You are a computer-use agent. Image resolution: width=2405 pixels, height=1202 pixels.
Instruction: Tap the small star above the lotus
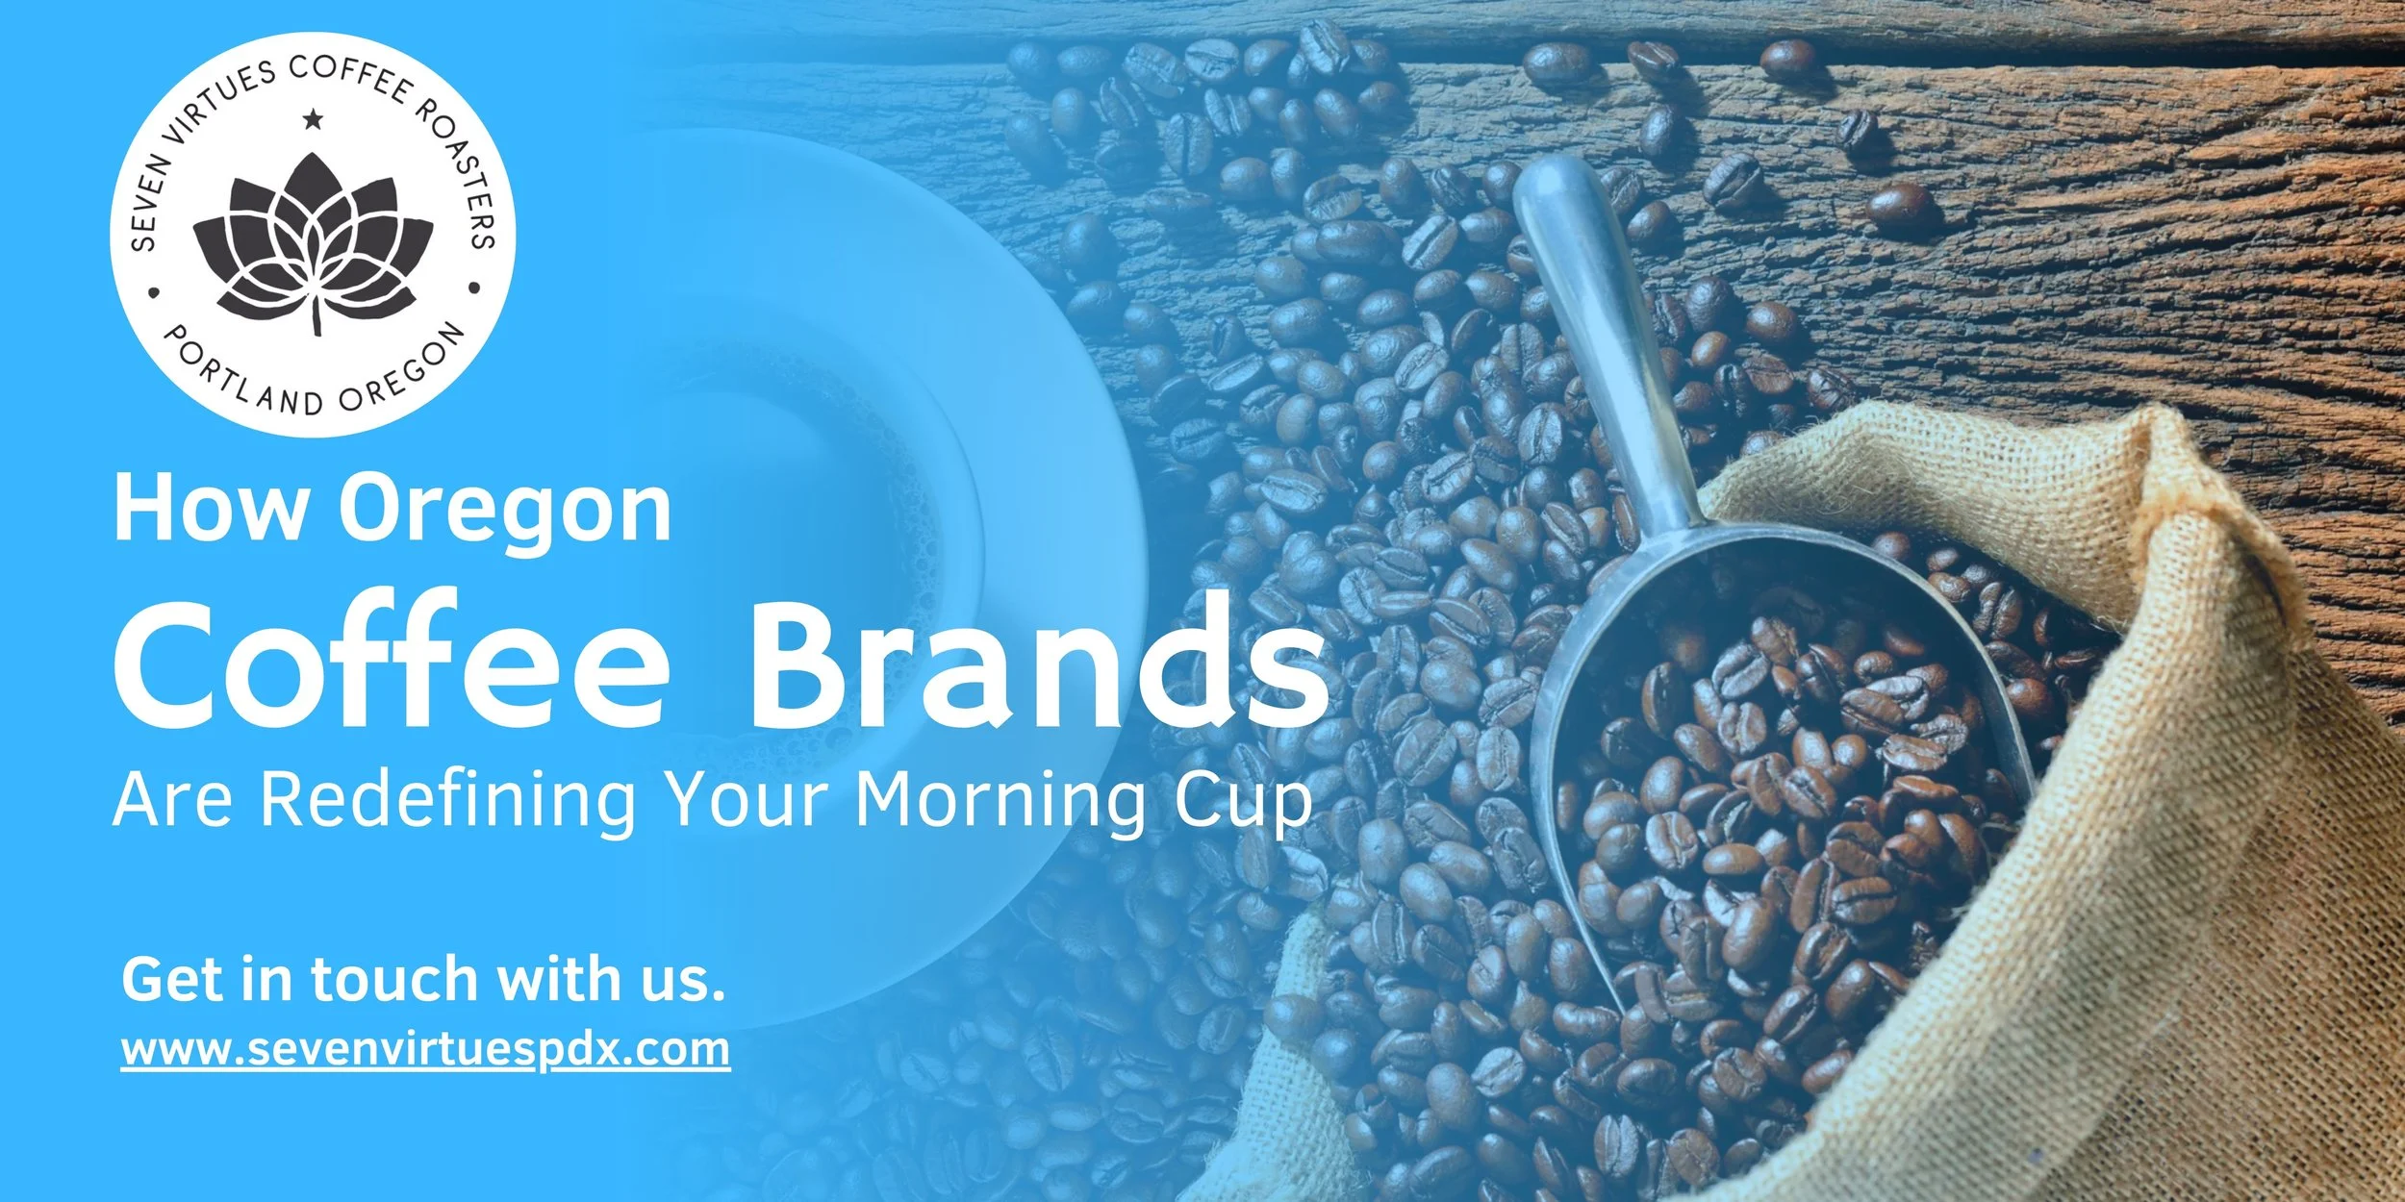click(x=313, y=120)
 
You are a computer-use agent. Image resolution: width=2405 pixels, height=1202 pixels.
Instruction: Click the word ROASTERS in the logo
click(x=462, y=173)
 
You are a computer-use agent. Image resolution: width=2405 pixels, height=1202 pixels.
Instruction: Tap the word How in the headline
click(x=208, y=509)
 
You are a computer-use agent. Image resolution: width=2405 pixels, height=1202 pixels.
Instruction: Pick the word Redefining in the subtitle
click(x=447, y=801)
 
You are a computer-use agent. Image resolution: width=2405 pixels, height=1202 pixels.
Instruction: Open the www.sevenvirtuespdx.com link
click(x=425, y=1049)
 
